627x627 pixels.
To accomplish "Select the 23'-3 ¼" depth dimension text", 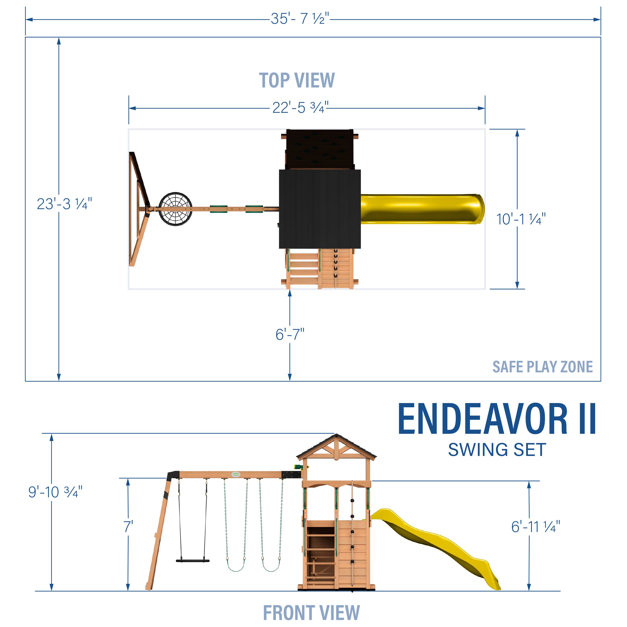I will click(x=64, y=204).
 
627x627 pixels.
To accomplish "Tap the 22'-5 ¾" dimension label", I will click(x=300, y=108).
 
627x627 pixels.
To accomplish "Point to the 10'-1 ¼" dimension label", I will click(x=521, y=219).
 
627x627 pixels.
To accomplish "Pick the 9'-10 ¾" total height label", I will click(x=55, y=492).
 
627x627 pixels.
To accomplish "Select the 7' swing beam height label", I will click(x=128, y=526).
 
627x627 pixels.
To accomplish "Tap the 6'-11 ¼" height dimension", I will click(x=535, y=527).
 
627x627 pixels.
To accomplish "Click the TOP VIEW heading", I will click(x=297, y=80).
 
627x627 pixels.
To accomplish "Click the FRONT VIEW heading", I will click(x=311, y=612).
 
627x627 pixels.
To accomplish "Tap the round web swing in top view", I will click(x=175, y=209).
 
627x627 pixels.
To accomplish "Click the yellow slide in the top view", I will click(x=422, y=209).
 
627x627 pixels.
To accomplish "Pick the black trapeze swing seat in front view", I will click(x=193, y=561).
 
